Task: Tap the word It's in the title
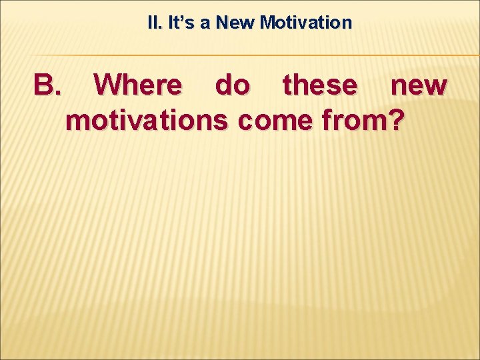click(x=179, y=23)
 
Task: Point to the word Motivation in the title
click(x=306, y=23)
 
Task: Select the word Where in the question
click(x=137, y=85)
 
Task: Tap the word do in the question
click(x=232, y=85)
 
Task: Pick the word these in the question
click(x=319, y=85)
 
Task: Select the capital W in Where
click(x=108, y=85)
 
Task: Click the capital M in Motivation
click(x=268, y=23)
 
